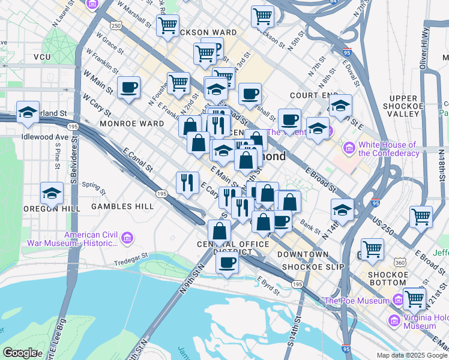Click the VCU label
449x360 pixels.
[x=42, y=57]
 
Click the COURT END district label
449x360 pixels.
[x=310, y=95]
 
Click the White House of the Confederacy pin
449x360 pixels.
[x=349, y=147]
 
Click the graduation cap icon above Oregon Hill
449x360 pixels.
[x=52, y=193]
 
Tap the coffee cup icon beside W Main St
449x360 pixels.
[x=128, y=88]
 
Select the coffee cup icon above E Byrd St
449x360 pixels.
[x=227, y=262]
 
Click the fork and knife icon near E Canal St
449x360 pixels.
[x=187, y=181]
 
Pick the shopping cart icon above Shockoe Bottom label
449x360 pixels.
[x=373, y=248]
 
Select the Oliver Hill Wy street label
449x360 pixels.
[x=424, y=42]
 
